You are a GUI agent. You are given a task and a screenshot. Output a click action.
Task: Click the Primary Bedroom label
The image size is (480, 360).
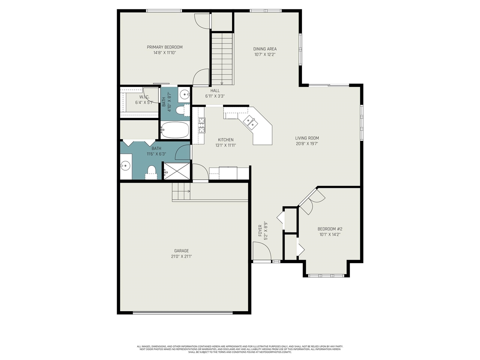click(165, 47)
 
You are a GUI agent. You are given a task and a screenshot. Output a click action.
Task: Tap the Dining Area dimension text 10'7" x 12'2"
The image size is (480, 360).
click(265, 54)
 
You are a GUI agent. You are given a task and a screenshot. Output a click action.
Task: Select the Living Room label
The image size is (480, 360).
click(307, 138)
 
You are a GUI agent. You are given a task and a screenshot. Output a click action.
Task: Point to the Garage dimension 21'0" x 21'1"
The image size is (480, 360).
click(181, 256)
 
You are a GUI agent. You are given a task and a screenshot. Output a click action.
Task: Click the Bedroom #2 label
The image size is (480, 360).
click(330, 229)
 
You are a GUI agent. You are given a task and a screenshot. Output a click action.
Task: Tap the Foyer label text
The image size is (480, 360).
click(260, 230)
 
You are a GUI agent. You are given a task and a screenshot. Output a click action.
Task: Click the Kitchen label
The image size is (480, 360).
click(225, 140)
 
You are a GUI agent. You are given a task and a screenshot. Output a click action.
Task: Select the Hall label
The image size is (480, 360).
click(215, 91)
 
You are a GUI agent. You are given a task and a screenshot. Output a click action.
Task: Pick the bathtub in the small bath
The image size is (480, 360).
click(175, 130)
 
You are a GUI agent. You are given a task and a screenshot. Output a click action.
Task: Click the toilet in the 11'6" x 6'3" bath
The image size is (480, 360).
click(151, 172)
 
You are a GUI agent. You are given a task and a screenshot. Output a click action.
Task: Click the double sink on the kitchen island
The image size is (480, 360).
click(250, 121)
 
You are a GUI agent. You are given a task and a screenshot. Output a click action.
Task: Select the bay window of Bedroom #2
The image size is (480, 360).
click(326, 276)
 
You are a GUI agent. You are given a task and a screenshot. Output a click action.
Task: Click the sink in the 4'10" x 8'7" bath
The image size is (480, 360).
click(184, 94)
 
